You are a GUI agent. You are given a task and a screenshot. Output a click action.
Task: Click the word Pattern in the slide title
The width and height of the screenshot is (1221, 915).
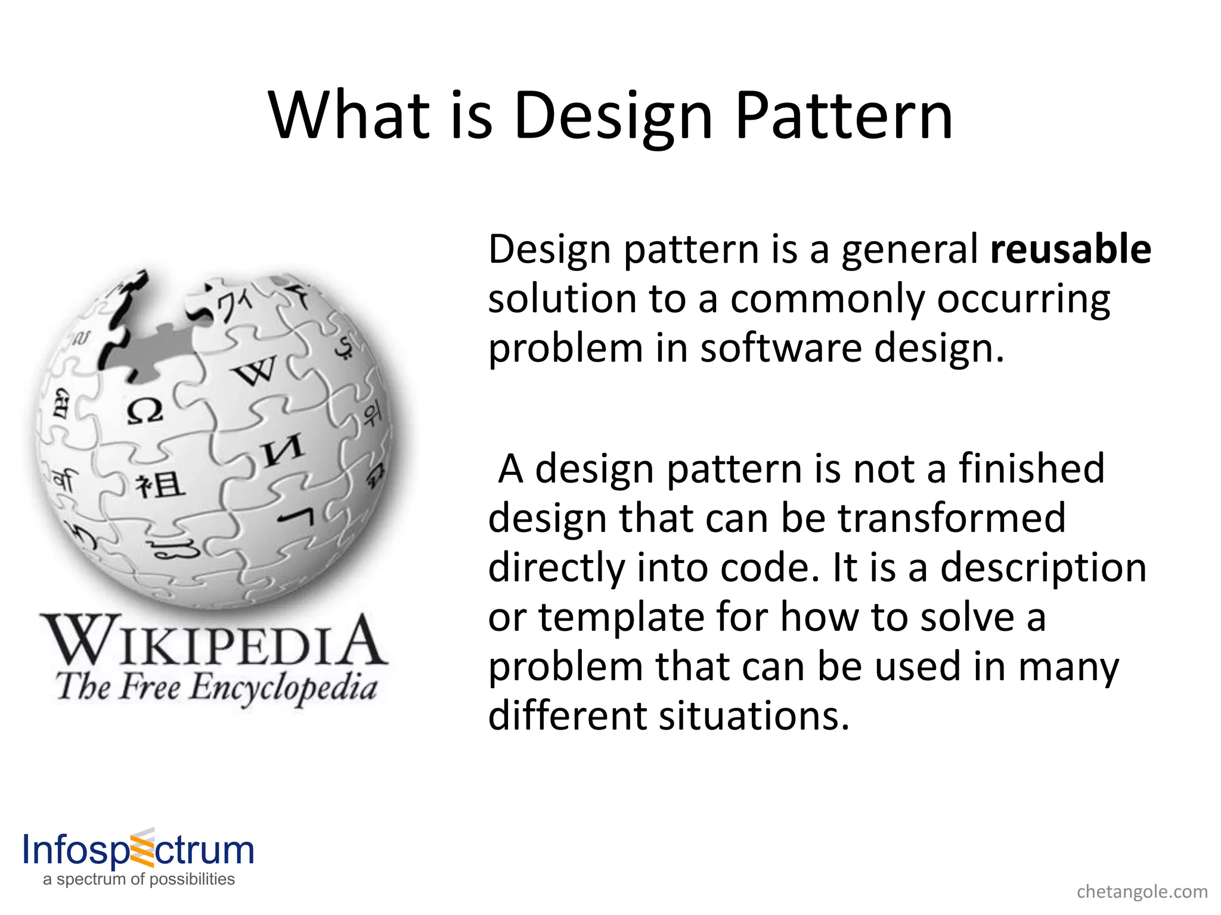click(x=844, y=116)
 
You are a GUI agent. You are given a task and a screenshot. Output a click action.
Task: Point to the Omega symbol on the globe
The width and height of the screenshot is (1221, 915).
click(x=145, y=411)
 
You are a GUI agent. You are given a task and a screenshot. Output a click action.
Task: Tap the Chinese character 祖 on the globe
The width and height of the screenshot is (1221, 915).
click(x=160, y=485)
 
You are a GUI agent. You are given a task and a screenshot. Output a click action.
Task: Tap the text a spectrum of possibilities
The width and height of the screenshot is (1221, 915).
click(x=139, y=879)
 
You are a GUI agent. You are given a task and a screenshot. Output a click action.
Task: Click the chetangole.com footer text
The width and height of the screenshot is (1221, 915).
click(x=1142, y=892)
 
